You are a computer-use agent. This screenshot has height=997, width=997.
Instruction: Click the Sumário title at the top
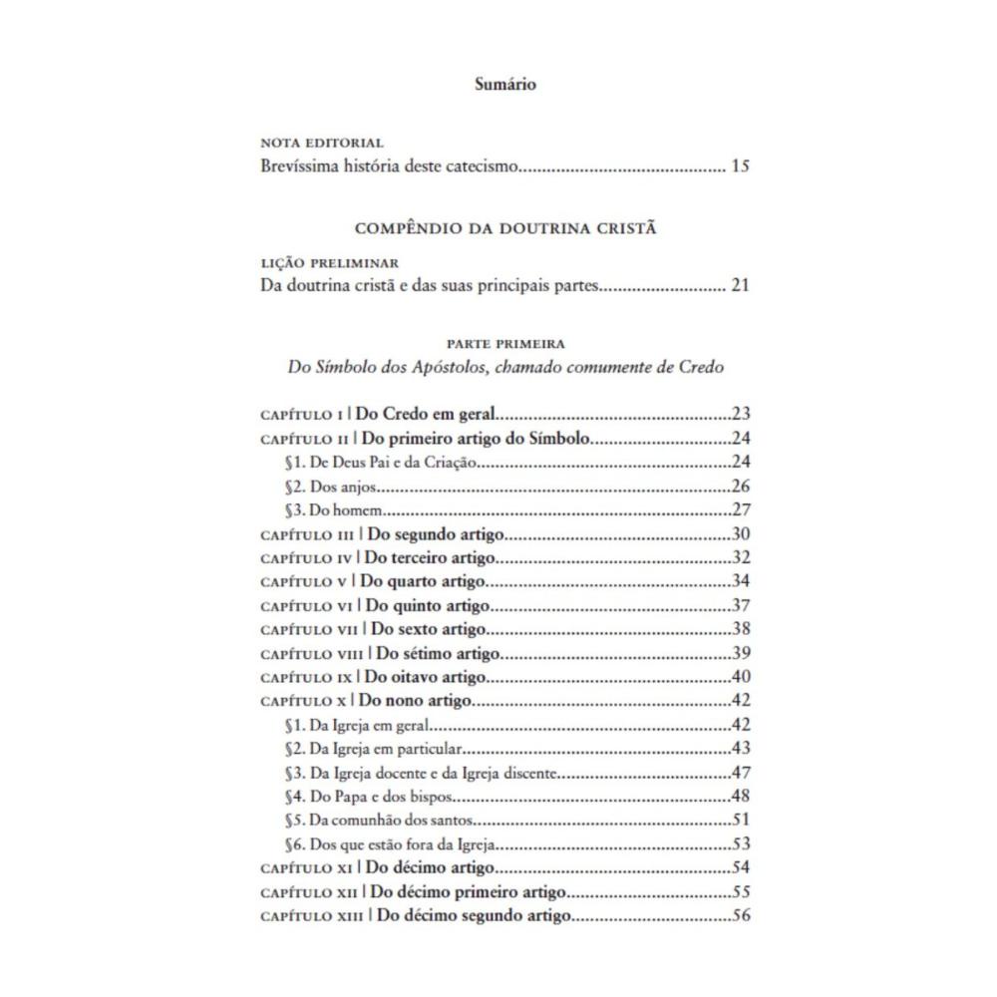pos(505,85)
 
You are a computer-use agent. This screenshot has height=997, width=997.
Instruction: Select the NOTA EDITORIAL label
pos(321,144)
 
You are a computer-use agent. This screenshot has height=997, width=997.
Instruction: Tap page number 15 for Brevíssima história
pos(739,166)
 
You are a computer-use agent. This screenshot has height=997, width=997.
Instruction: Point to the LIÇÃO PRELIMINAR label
pos(329,264)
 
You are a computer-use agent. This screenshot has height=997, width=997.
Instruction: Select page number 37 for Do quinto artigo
pos(740,605)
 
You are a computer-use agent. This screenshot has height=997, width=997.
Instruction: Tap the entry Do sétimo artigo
pos(438,653)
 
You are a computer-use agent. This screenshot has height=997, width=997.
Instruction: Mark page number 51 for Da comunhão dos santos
pos(740,820)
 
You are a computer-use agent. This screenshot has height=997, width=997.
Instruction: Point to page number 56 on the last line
pos(740,916)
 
